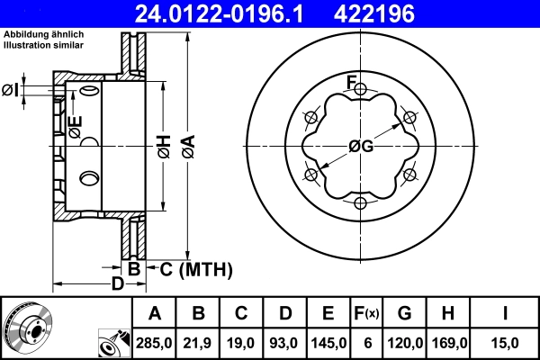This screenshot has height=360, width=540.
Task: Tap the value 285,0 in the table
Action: tap(155, 342)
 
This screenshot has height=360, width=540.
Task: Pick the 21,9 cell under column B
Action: tap(199, 342)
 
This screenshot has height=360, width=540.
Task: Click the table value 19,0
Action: tap(242, 342)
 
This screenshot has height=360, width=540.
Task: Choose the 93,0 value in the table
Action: tap(285, 342)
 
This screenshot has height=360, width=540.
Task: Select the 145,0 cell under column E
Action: tap(328, 342)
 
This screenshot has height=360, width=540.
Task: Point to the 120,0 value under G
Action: tap(404, 342)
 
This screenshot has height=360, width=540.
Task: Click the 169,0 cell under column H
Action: tap(448, 342)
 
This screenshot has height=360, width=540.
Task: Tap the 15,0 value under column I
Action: tap(505, 342)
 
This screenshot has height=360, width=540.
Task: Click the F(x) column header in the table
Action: tap(366, 313)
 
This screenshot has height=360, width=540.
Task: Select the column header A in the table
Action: tap(155, 313)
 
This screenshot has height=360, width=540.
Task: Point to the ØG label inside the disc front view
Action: tap(361, 146)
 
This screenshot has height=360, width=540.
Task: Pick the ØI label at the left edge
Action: tap(11, 89)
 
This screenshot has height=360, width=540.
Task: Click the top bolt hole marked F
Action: tap(361, 91)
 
